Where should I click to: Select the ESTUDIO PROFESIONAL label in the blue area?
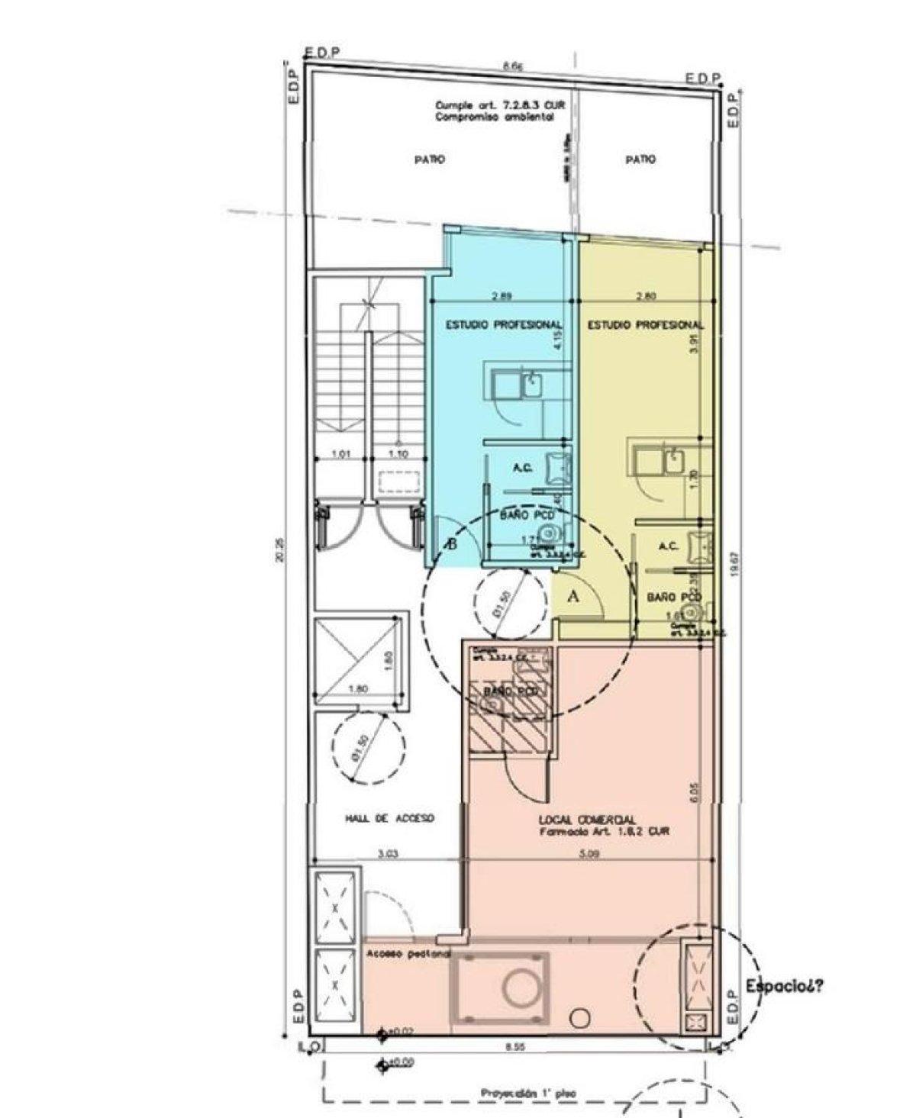(x=504, y=325)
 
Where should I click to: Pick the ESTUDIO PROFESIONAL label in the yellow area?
(x=645, y=325)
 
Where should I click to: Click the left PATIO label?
(x=430, y=160)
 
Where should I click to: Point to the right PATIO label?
(x=640, y=160)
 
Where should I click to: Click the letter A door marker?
(x=576, y=598)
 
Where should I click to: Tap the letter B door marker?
(x=453, y=545)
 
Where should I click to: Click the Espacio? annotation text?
(x=784, y=985)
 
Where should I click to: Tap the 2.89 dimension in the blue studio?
(x=500, y=296)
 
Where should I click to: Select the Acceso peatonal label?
(x=408, y=954)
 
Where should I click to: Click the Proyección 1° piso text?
(x=529, y=1093)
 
